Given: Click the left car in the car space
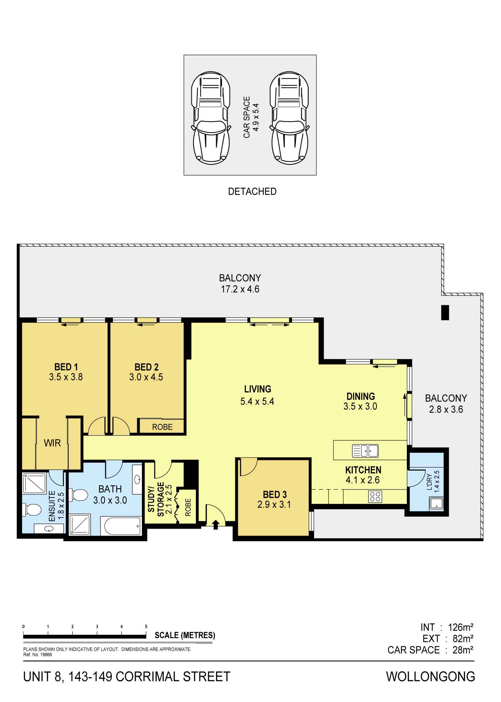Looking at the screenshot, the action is pyautogui.click(x=210, y=118).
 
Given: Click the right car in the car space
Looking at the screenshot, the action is pyautogui.click(x=289, y=118).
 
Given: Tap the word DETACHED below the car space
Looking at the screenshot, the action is pyautogui.click(x=252, y=191).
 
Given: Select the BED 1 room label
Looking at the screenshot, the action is pyautogui.click(x=66, y=367).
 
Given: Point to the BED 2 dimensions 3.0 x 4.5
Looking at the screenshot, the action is pyautogui.click(x=146, y=377).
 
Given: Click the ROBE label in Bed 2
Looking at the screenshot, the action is pyautogui.click(x=162, y=427).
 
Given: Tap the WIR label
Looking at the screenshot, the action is pyautogui.click(x=52, y=443).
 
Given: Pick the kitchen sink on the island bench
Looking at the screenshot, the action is pyautogui.click(x=365, y=451).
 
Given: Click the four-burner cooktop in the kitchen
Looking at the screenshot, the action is pyautogui.click(x=375, y=496).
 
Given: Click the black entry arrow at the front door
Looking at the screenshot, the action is pyautogui.click(x=216, y=525).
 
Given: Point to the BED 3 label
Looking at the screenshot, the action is pyautogui.click(x=275, y=495).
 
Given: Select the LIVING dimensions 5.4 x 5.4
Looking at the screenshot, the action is pyautogui.click(x=257, y=402).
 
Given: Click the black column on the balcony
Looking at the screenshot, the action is pyautogui.click(x=445, y=312).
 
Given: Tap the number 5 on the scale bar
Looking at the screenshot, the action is pyautogui.click(x=146, y=626).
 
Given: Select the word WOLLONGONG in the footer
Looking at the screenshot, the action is pyautogui.click(x=431, y=677).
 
